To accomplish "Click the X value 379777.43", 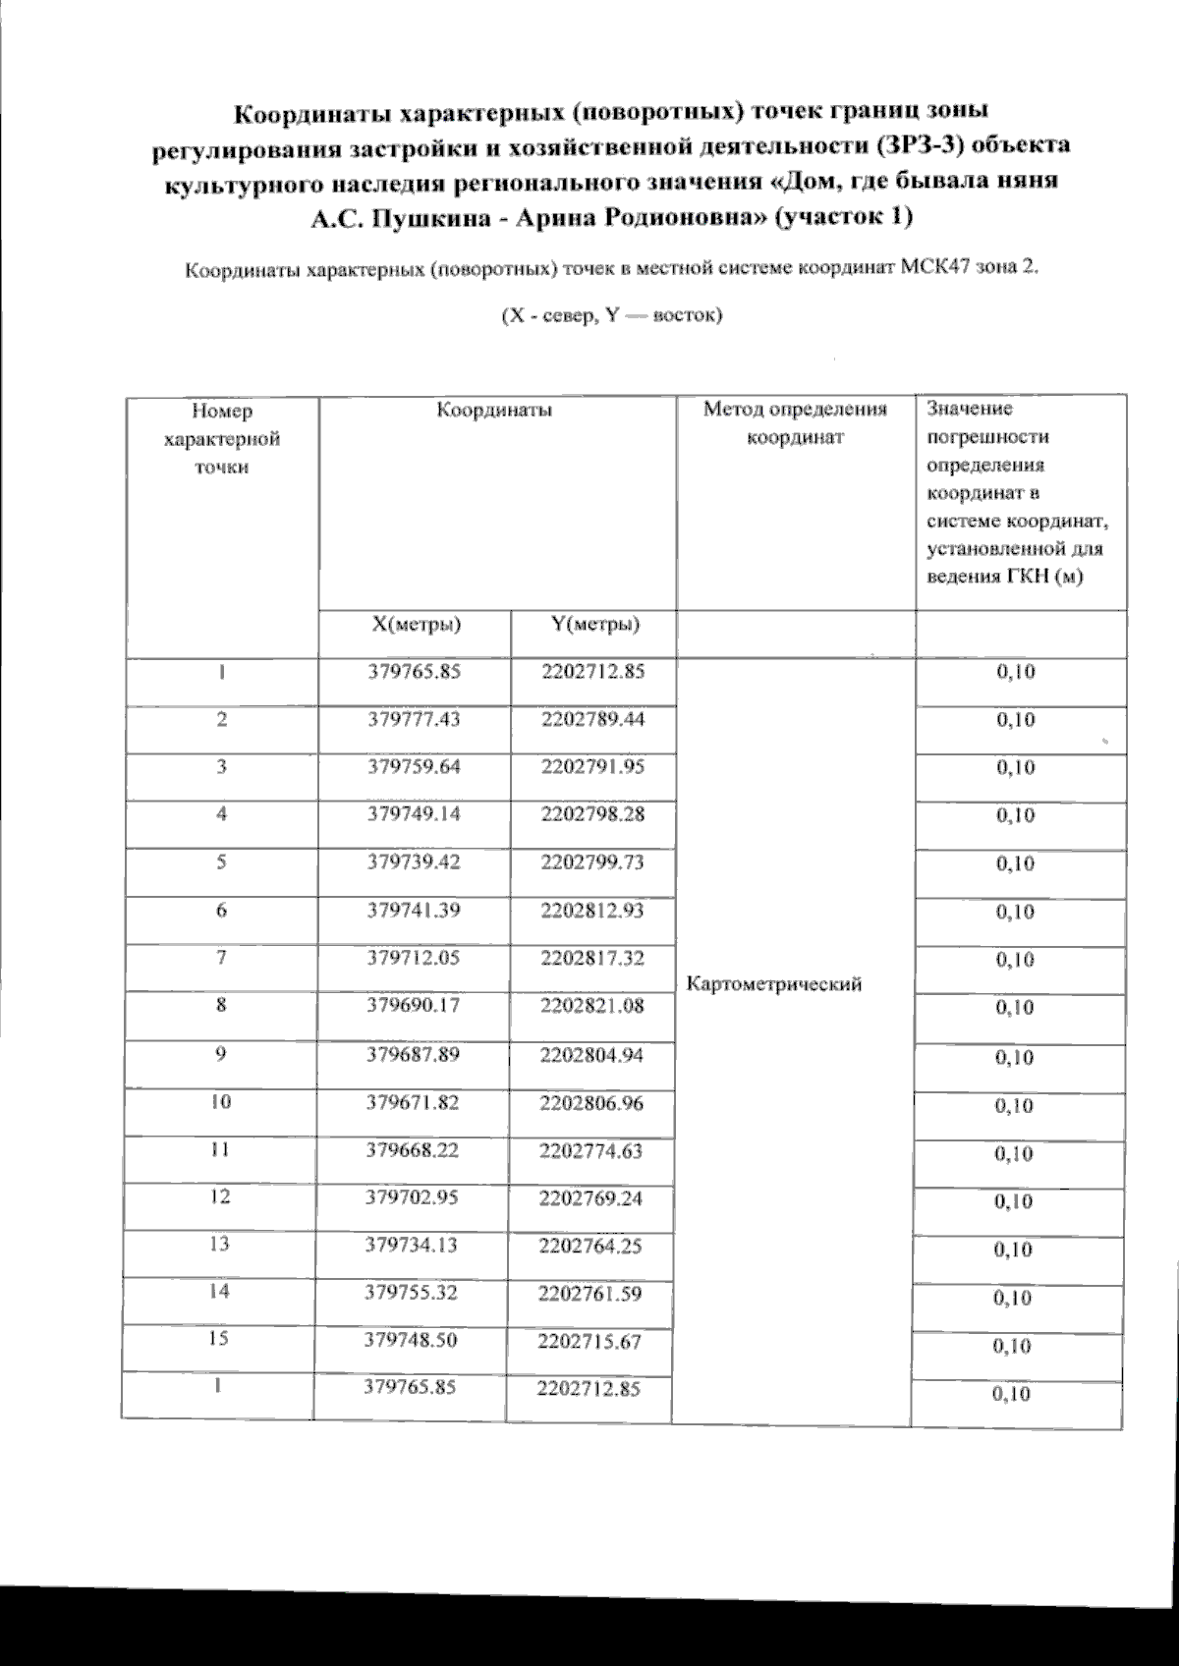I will [414, 720].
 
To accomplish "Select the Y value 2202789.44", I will [592, 720].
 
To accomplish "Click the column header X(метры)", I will [417, 624].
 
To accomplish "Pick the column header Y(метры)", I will [595, 624].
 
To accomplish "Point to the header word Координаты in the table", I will [494, 411].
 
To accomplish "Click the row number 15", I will [220, 1340].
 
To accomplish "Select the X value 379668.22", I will [413, 1149].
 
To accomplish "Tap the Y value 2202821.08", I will [592, 1005].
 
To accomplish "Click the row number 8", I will [222, 1005].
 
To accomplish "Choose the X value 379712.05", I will [414, 957].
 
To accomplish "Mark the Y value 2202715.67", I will [589, 1341].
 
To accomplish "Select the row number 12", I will [220, 1196].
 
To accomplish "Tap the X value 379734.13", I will [412, 1245].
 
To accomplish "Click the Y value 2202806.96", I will [591, 1102].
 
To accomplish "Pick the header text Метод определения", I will [795, 410].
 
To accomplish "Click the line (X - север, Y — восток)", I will [612, 316].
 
